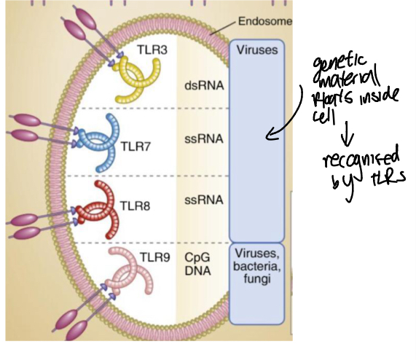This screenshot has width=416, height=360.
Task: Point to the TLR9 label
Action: [x=155, y=257]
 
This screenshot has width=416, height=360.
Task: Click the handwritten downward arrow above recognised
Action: [x=348, y=130]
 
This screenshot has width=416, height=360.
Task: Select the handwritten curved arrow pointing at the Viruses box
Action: [x=288, y=117]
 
